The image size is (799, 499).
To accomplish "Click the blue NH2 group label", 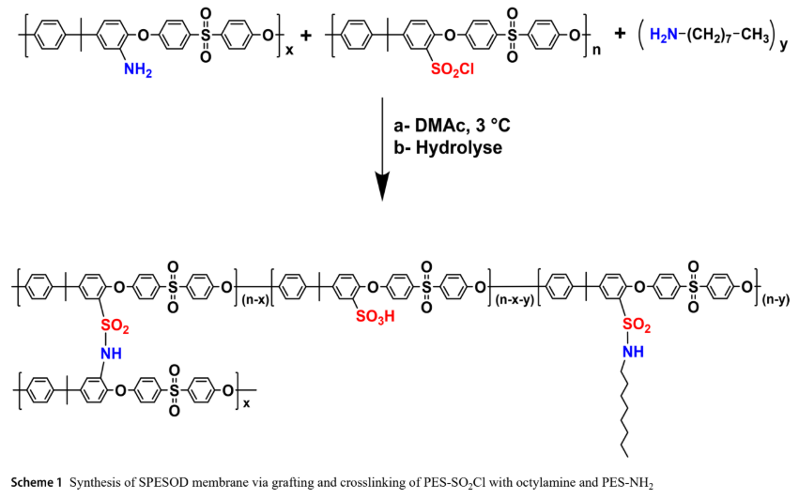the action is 138,69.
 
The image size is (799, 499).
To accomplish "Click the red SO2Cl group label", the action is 452,69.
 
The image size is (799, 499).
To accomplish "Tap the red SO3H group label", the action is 375,317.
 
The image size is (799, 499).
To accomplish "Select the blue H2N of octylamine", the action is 664,35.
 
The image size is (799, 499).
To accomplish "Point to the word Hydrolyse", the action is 458,147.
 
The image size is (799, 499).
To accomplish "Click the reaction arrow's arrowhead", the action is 382,187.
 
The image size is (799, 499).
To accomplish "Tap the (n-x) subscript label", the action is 254,300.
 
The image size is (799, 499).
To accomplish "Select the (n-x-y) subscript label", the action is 515,300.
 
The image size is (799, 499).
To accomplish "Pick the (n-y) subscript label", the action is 776,300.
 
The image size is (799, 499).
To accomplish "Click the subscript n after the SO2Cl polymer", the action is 597,50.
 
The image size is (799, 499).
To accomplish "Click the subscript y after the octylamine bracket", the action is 783,46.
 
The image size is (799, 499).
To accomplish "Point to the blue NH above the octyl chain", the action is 633,352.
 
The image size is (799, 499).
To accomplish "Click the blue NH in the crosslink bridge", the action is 111,353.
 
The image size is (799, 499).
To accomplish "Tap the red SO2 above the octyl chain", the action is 637,325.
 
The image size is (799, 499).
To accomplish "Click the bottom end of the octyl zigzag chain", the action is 627,456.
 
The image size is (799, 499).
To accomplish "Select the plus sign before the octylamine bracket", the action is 620,34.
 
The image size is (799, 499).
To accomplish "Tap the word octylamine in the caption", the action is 540,483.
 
